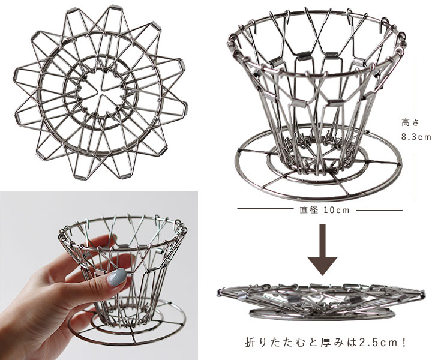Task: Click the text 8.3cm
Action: pos(416,137)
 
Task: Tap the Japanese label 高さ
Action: pos(410,122)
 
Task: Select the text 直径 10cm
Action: pos(325,210)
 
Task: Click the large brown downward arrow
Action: pos(322,250)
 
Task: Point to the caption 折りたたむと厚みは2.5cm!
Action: pos(326,342)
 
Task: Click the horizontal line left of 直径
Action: pos(265,208)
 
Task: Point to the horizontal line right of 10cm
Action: pos(379,210)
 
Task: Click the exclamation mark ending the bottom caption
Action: pos(403,342)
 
